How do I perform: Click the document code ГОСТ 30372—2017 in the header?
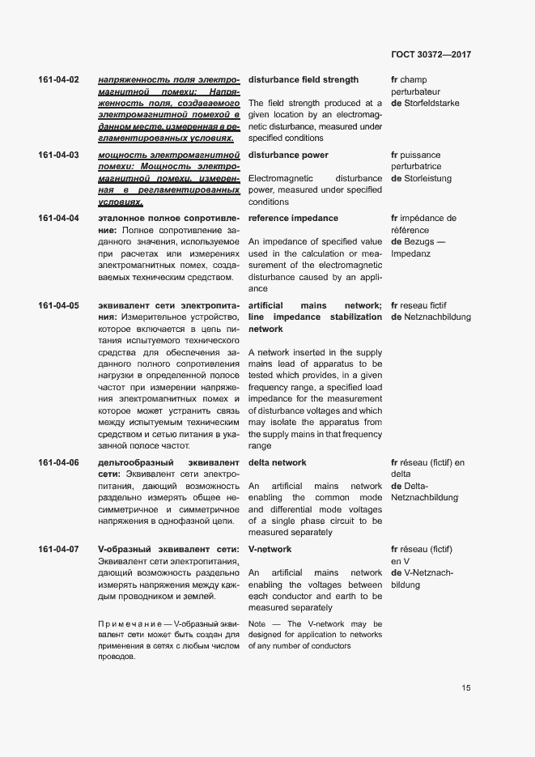(431, 54)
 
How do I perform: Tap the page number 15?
(466, 687)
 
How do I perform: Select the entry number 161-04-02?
(58, 80)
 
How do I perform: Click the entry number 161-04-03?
(58, 155)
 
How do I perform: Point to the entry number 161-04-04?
(58, 219)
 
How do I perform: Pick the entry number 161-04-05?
(58, 306)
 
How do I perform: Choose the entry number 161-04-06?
(58, 463)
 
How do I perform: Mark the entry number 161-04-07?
(58, 550)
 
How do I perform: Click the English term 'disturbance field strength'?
(303, 80)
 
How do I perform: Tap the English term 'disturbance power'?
(288, 155)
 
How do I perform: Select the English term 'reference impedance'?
(293, 219)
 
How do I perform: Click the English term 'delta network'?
(277, 463)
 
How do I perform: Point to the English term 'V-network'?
(270, 550)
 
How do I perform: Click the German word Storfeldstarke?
(431, 104)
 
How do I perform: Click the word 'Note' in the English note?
(257, 624)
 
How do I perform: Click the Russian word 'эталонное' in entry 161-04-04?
(123, 219)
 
